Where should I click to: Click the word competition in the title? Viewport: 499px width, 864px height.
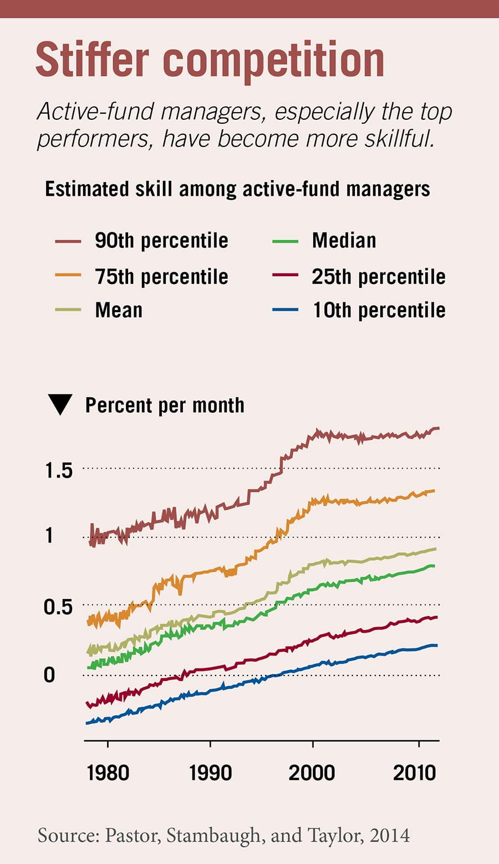[274, 60]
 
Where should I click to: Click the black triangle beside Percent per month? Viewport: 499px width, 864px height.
[60, 404]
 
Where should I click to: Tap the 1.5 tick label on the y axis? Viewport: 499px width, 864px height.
[59, 470]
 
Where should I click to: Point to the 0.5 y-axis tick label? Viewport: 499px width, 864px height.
[58, 607]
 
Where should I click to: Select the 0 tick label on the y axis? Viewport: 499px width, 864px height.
[49, 675]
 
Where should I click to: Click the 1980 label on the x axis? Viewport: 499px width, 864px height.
[108, 772]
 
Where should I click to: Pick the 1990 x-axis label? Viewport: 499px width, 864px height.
[210, 772]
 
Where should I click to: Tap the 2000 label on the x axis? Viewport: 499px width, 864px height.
[312, 772]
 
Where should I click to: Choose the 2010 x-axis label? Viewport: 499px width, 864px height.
[415, 772]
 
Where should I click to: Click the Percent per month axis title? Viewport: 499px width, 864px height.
[165, 405]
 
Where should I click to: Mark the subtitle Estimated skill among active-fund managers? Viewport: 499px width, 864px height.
[237, 189]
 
